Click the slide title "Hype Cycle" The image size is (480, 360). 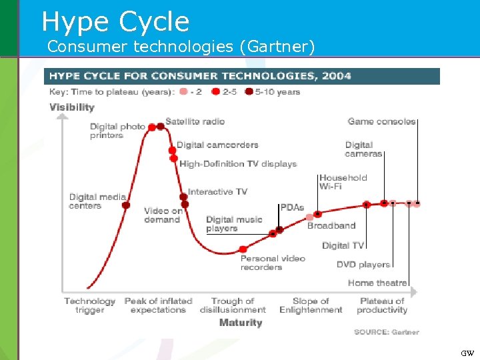click(x=115, y=21)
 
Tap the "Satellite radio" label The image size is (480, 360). click(x=195, y=121)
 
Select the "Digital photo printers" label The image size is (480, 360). click(x=117, y=131)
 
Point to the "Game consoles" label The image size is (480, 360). click(x=381, y=121)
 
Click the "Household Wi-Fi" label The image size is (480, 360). click(x=343, y=182)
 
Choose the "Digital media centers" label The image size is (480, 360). click(x=97, y=201)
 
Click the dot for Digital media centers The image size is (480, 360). click(x=126, y=205)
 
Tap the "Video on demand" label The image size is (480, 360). click(x=163, y=215)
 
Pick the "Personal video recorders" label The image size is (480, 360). click(x=273, y=263)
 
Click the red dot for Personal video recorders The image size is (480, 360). click(x=243, y=250)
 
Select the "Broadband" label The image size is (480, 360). click(x=331, y=226)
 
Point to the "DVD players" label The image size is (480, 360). click(x=363, y=265)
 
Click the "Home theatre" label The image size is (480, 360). click(x=377, y=283)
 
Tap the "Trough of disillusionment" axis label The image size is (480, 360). click(x=233, y=305)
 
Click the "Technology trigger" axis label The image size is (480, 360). click(x=89, y=305)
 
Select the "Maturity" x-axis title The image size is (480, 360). click(x=241, y=323)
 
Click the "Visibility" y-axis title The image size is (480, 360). click(x=72, y=107)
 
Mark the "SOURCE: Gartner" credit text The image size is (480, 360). click(x=387, y=332)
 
